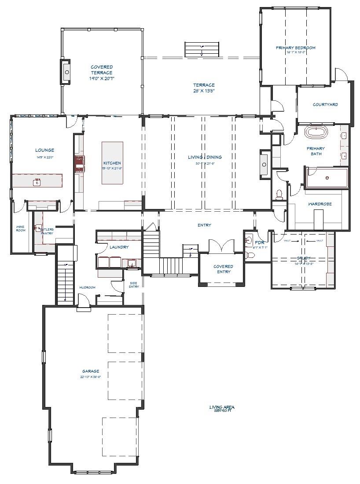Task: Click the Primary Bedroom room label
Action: click(295, 48)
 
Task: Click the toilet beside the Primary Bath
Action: click(279, 194)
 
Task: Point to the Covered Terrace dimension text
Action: click(102, 79)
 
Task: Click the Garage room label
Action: click(90, 371)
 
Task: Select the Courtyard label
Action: click(325, 105)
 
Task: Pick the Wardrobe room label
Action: click(320, 204)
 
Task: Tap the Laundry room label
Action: click(119, 247)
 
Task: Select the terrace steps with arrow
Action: click(202, 49)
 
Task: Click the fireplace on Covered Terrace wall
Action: click(67, 71)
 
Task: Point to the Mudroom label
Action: click(87, 287)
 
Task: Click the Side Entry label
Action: click(134, 285)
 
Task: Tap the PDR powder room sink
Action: click(249, 241)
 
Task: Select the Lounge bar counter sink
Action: click(37, 181)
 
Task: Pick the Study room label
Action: click(304, 258)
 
